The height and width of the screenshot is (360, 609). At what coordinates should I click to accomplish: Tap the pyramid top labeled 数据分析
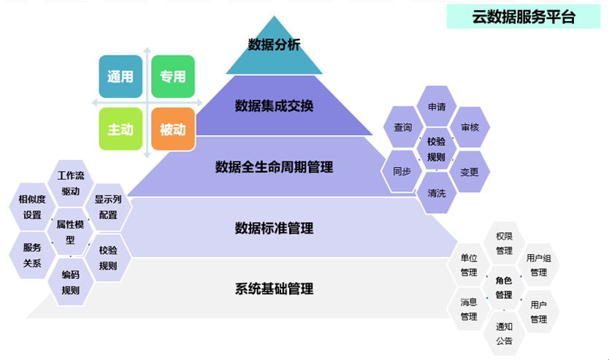click(x=274, y=45)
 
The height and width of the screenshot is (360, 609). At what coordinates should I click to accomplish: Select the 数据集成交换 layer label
click(x=274, y=106)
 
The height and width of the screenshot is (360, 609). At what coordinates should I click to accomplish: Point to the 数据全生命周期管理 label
click(x=274, y=167)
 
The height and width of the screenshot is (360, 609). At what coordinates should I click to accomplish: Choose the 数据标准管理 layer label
click(x=274, y=229)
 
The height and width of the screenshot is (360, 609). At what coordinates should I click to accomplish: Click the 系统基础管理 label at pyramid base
click(x=274, y=289)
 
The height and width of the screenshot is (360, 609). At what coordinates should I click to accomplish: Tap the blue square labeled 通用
click(x=120, y=77)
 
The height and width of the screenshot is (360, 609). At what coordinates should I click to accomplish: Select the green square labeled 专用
click(x=173, y=77)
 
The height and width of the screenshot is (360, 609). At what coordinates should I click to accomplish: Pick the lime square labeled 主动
click(x=120, y=129)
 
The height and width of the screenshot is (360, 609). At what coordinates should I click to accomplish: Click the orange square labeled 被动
click(x=173, y=129)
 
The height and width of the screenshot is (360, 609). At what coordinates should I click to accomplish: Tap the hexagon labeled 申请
click(x=437, y=107)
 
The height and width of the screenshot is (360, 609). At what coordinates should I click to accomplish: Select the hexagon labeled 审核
click(x=470, y=127)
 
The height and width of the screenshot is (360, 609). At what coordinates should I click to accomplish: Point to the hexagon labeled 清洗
click(x=437, y=194)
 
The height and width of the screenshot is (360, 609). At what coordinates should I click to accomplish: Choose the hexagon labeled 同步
click(x=402, y=172)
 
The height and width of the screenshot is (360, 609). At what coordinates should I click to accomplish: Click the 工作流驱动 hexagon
click(x=71, y=184)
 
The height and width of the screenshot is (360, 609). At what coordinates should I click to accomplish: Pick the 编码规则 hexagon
click(x=71, y=283)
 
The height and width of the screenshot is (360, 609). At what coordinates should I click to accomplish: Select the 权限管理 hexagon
click(x=504, y=244)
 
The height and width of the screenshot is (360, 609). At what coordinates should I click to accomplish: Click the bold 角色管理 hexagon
click(x=504, y=288)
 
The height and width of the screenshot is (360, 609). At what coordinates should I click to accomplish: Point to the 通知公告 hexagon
click(x=504, y=334)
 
